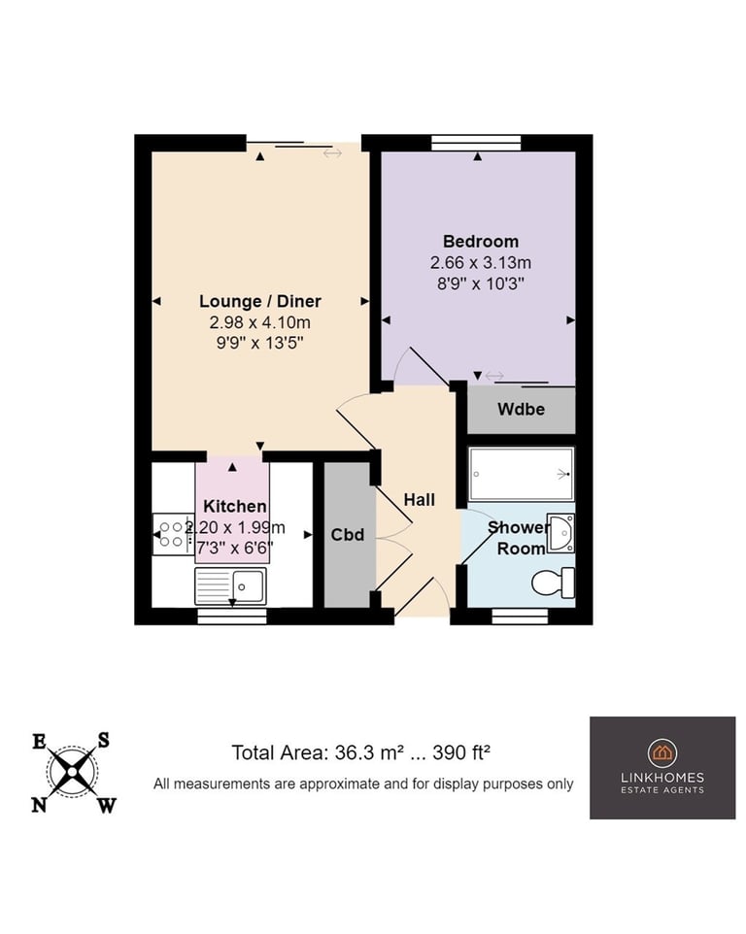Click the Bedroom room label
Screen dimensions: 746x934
(x=480, y=241)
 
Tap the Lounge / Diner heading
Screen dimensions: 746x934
(x=259, y=301)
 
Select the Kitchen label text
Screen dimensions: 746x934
(x=235, y=506)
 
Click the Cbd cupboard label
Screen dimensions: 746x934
(x=348, y=534)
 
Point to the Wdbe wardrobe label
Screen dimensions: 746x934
(x=522, y=409)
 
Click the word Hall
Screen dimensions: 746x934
(x=420, y=500)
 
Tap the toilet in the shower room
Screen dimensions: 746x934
(x=554, y=583)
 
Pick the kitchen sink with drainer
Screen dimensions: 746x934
(x=230, y=586)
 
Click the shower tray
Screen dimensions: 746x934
(x=522, y=474)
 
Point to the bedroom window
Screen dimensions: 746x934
(x=476, y=143)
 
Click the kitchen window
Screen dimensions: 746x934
(x=232, y=616)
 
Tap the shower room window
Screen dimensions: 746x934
(x=520, y=616)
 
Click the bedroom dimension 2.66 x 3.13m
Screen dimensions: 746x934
(x=480, y=263)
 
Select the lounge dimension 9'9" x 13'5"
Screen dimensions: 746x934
(x=259, y=343)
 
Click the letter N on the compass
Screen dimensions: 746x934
(x=39, y=805)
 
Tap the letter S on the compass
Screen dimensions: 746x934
(x=104, y=740)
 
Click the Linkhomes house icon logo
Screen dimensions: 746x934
(x=662, y=752)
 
